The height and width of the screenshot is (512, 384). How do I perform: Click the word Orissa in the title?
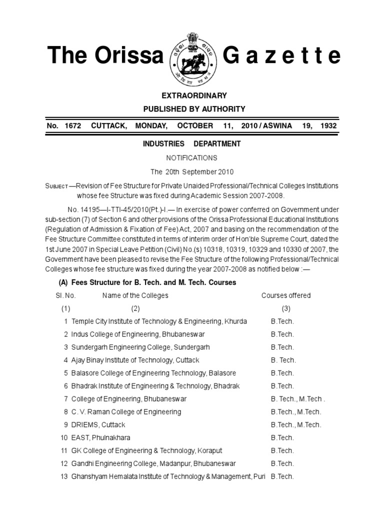129,56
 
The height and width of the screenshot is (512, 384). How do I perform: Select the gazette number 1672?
72,125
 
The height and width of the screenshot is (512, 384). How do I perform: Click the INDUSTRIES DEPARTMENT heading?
192,144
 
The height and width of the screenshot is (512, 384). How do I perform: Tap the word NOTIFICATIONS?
192,157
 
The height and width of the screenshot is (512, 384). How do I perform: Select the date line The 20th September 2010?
192,171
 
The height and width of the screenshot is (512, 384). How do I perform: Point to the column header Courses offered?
286,295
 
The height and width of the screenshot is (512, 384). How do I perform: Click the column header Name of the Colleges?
135,295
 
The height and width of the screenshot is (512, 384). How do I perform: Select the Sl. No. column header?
65,295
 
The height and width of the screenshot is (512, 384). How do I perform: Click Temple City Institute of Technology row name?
159,321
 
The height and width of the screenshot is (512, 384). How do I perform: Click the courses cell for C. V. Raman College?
296,412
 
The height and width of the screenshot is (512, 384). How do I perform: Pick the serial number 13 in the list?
63,476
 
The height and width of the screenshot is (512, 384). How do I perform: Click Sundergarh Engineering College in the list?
140,347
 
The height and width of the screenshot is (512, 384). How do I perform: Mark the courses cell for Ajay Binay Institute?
283,360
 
